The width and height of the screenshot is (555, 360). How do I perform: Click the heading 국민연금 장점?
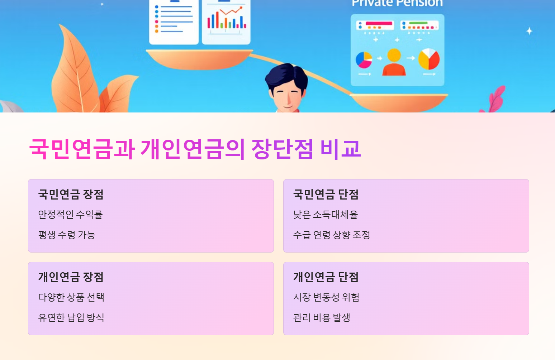tap(71, 194)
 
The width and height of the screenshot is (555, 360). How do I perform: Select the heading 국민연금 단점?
tap(326, 194)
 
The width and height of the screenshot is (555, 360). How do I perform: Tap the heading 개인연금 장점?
tap(71, 277)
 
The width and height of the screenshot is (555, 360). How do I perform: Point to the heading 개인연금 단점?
tap(326, 277)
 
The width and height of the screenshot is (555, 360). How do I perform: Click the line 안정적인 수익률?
tap(70, 215)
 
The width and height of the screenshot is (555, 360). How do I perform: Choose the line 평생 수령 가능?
tap(67, 235)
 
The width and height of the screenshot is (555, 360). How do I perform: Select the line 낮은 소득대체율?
tap(325, 215)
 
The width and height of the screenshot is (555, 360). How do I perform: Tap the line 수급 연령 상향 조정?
tap(331, 235)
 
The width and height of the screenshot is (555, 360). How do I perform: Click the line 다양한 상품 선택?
tap(71, 297)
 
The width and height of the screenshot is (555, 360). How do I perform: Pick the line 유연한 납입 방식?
tap(71, 318)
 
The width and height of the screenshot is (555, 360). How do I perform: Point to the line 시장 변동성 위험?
tap(326, 297)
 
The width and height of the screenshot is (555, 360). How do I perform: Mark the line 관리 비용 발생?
tap(321, 318)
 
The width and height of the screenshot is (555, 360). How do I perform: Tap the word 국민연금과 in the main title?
tap(82, 149)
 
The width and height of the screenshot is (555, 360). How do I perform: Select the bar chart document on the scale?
tap(226, 21)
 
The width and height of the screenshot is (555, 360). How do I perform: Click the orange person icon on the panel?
tap(394, 62)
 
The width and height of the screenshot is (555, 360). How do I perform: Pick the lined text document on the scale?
tap(174, 21)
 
